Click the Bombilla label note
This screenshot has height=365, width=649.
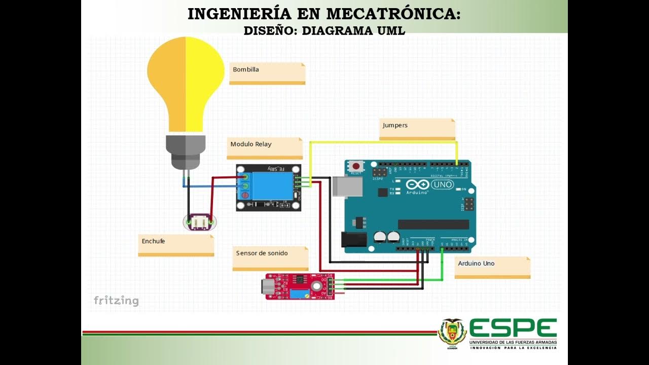coord(267,73)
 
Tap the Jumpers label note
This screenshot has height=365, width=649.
coord(417,129)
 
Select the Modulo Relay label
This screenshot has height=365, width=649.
coord(264,148)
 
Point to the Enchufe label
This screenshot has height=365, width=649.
coord(175,244)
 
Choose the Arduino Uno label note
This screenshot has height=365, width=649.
coord(492,267)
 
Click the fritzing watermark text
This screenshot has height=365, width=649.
coord(116,301)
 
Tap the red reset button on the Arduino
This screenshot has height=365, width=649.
coord(356,166)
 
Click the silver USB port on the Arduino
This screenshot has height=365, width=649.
coord(347,187)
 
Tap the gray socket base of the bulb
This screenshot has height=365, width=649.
coord(186,151)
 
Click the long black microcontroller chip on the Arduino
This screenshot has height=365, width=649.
coord(433,225)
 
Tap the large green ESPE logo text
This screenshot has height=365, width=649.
coord(513,328)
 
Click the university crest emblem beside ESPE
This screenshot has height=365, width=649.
coord(452,333)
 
